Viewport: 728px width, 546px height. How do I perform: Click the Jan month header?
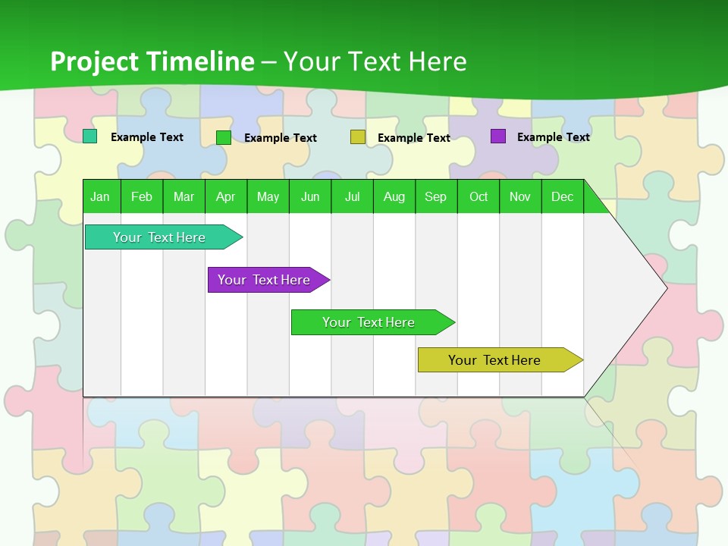[x=100, y=196]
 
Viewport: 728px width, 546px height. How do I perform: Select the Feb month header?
[x=142, y=196]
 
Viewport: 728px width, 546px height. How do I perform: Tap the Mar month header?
[x=184, y=196]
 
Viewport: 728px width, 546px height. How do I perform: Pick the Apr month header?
[x=225, y=196]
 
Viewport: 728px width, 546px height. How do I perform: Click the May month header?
[x=268, y=196]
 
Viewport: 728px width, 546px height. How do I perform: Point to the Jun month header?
[x=310, y=196]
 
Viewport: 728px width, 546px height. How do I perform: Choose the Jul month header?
[x=352, y=196]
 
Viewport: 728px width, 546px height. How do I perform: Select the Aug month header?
[x=394, y=196]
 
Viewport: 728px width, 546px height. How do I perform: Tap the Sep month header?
[x=435, y=196]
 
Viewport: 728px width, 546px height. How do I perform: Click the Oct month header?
[x=479, y=196]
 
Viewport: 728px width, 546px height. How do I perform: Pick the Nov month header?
[x=520, y=196]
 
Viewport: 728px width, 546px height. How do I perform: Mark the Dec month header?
[x=562, y=196]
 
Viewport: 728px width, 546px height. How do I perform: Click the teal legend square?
[x=90, y=136]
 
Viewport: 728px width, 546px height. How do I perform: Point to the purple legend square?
[x=498, y=136]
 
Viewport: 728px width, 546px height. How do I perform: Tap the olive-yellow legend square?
[x=358, y=137]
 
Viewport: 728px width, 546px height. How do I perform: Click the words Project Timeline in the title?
[x=152, y=61]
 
